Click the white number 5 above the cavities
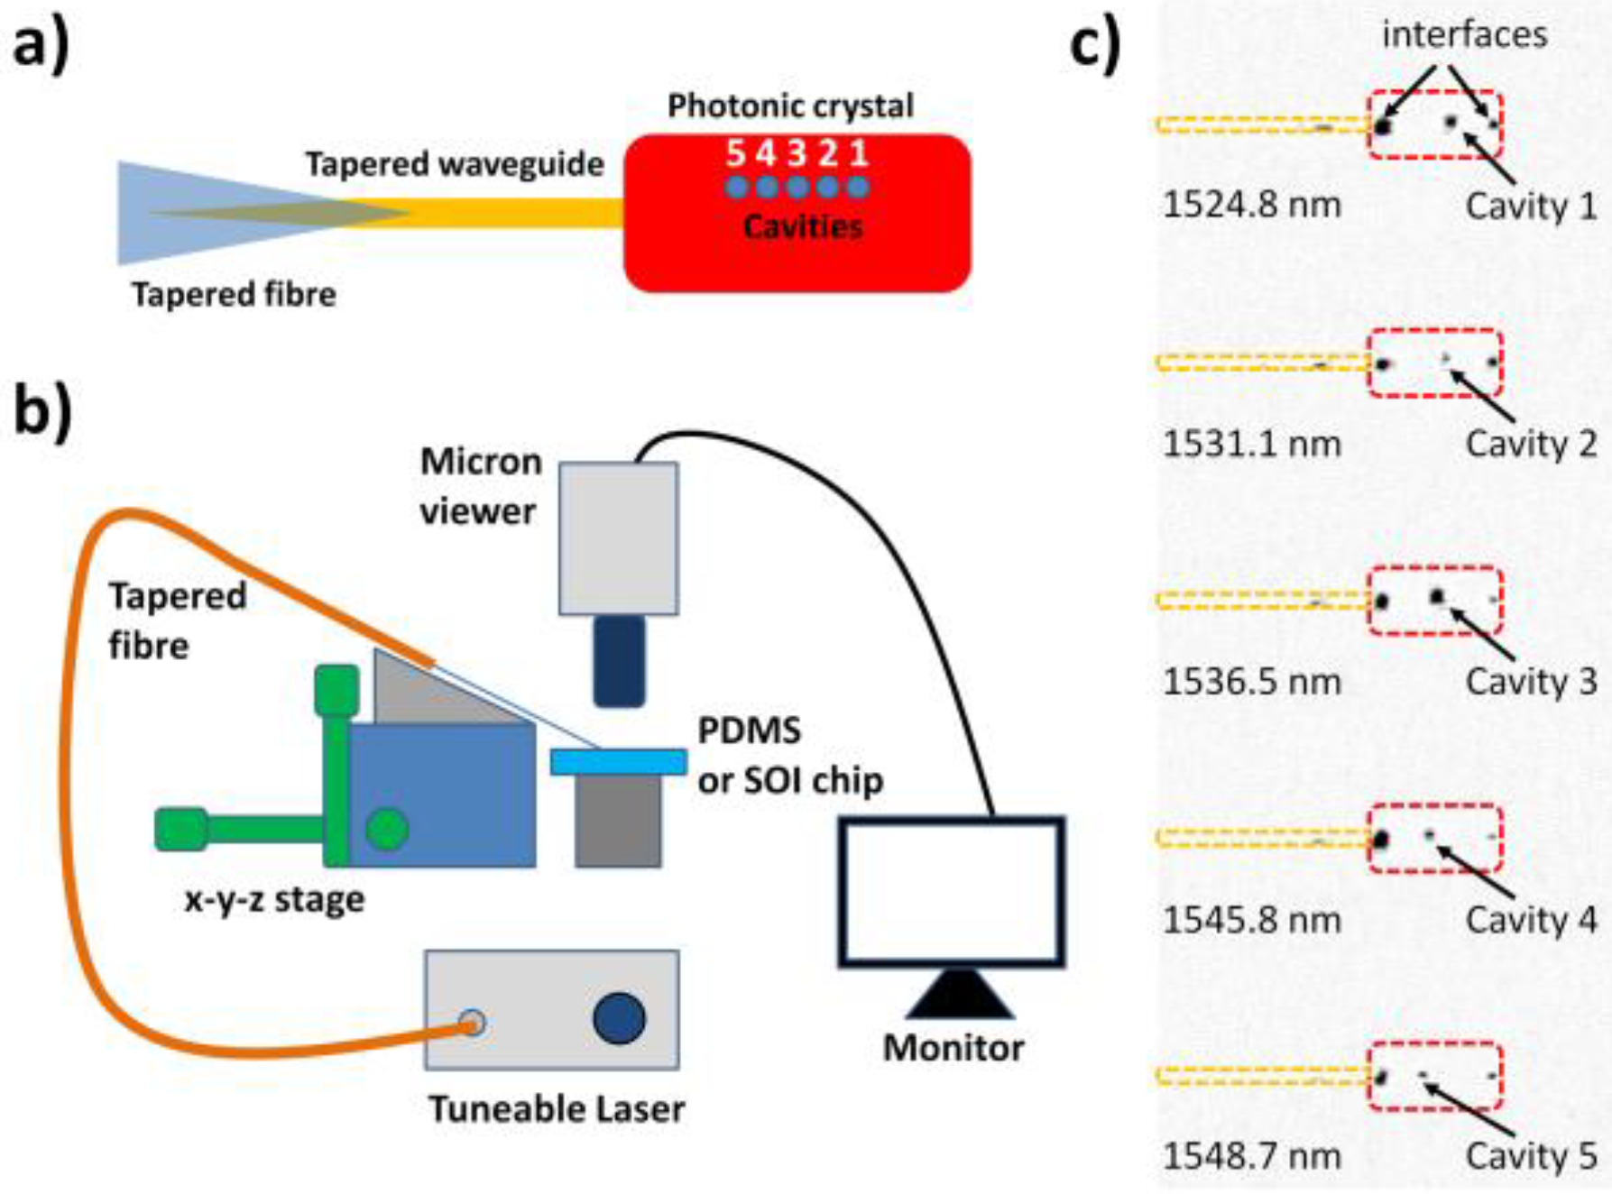pyautogui.click(x=736, y=154)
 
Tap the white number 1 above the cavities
pyautogui.click(x=858, y=154)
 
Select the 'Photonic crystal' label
pyautogui.click(x=790, y=106)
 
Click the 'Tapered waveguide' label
pyautogui.click(x=455, y=164)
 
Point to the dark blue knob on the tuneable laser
pyautogui.click(x=619, y=1018)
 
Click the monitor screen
pyautogui.click(x=952, y=892)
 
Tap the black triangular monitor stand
pyautogui.click(x=959, y=996)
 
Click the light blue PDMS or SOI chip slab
pyautogui.click(x=618, y=762)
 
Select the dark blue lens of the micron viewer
pyautogui.click(x=619, y=661)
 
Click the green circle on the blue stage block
pyautogui.click(x=388, y=829)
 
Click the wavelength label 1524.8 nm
pyautogui.click(x=1251, y=206)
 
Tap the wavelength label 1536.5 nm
pyautogui.click(x=1251, y=682)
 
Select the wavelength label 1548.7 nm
pyautogui.click(x=1251, y=1156)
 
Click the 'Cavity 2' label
pyautogui.click(x=1531, y=444)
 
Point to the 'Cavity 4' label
pyautogui.click(x=1531, y=920)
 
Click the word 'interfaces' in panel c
pyautogui.click(x=1464, y=35)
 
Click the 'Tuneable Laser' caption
pyautogui.click(x=557, y=1109)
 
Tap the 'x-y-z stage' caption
pyautogui.click(x=274, y=899)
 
